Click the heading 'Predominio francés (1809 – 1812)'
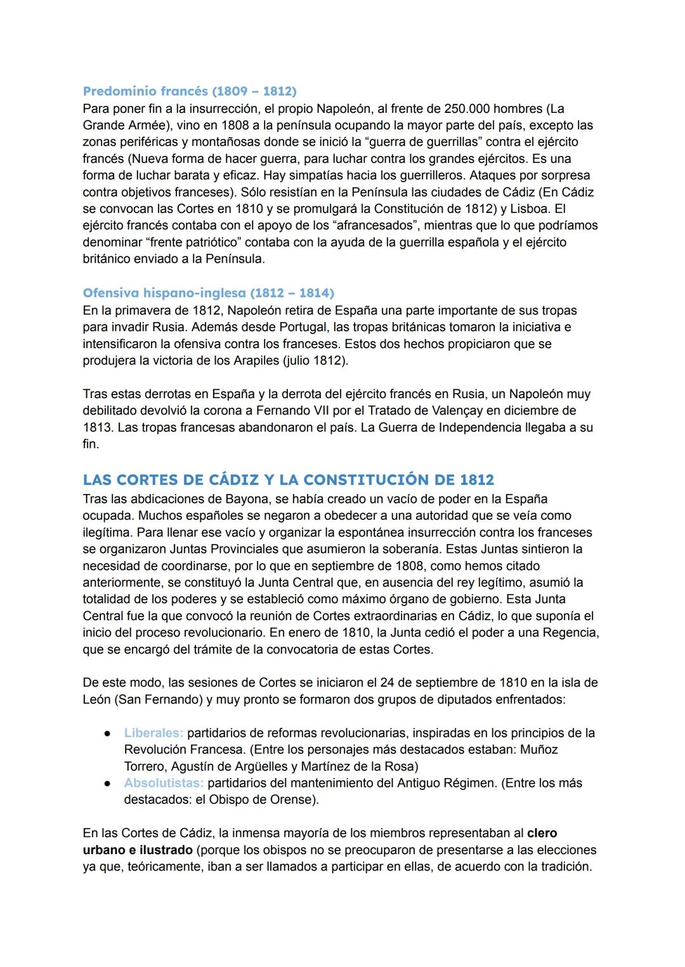coord(190,91)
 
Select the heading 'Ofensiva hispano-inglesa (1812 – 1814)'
coord(208,293)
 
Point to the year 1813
coord(98,427)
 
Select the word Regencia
coord(569,633)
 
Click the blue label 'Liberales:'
coord(153,733)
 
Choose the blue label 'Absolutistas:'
coord(164,783)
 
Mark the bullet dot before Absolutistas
coord(108,784)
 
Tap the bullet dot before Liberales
coord(108,734)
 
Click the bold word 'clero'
coord(542,833)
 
